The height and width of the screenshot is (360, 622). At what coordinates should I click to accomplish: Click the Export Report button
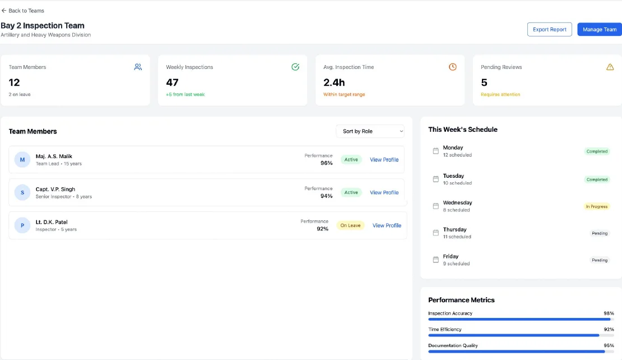549,29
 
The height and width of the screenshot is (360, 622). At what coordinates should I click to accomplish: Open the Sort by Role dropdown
370,131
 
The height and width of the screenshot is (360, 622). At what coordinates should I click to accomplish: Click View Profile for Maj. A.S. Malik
384,160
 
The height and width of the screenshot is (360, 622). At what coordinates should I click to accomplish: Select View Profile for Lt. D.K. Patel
387,225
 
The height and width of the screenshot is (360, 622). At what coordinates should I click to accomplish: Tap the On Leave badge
350,225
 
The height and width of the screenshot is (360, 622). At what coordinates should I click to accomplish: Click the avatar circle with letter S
22,192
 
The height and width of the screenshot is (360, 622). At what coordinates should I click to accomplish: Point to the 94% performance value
326,196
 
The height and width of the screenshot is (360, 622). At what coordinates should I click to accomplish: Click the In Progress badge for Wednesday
596,206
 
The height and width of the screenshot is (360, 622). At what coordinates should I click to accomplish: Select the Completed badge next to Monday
597,151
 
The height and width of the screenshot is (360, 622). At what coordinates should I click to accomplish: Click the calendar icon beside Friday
435,260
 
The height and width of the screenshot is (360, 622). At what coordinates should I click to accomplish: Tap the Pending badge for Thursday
600,233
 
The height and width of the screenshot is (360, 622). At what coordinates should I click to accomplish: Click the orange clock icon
453,67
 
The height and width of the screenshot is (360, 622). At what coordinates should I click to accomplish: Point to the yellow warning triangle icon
610,67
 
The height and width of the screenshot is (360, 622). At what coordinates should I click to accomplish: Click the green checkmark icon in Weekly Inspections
295,67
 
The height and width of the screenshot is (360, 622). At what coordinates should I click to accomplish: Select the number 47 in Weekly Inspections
172,82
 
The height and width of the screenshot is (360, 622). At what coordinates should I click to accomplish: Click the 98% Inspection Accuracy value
609,313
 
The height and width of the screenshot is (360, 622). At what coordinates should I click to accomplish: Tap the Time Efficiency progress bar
521,335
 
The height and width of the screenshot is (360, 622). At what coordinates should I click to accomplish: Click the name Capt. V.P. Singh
55,189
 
